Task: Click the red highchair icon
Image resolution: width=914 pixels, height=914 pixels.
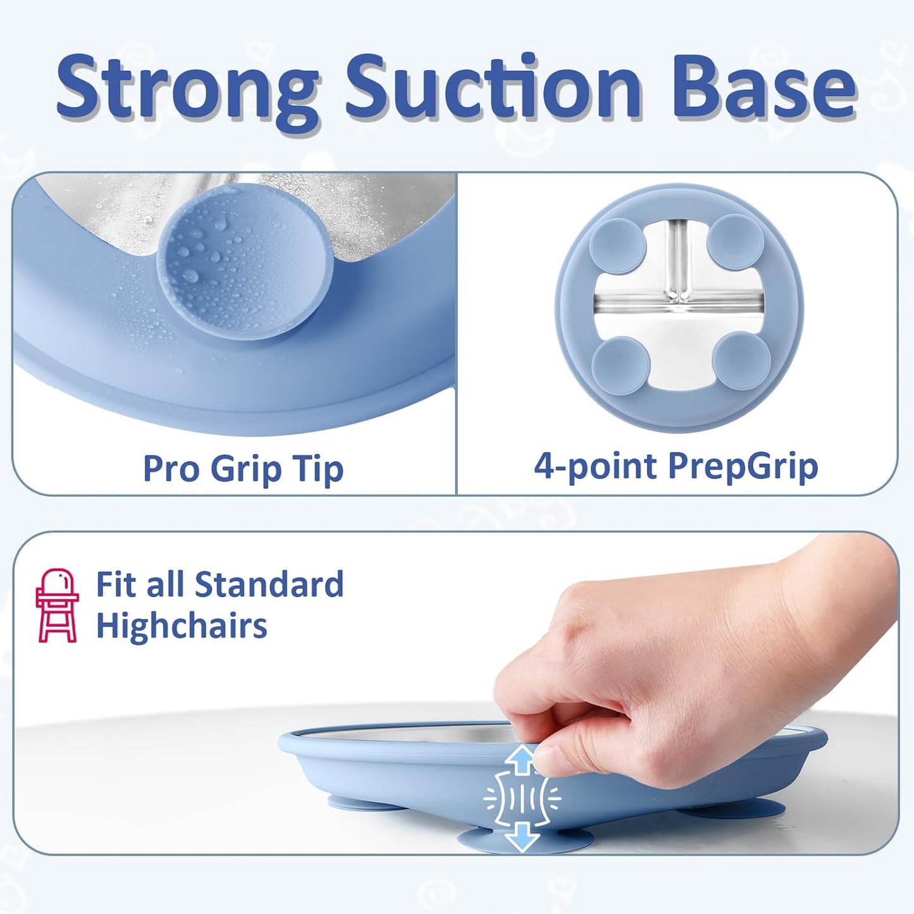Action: [57, 605]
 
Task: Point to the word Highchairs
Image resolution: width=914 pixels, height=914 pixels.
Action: [182, 626]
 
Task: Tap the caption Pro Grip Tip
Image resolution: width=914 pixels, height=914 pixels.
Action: [243, 469]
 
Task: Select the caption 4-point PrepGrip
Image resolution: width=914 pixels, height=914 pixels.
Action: [676, 466]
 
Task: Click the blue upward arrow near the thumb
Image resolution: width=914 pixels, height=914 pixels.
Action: [522, 758]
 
